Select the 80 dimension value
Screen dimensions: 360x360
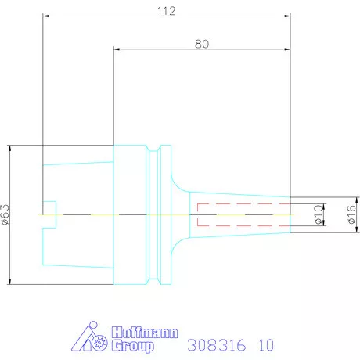point(201,44)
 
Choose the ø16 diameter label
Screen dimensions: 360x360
point(351,214)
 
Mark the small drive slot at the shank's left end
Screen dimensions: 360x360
point(50,214)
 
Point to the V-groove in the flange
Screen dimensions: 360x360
point(161,214)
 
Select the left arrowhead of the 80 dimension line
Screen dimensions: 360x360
point(117,49)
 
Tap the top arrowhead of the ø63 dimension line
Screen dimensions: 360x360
point(10,147)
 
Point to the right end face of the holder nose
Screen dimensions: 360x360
point(291,214)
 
